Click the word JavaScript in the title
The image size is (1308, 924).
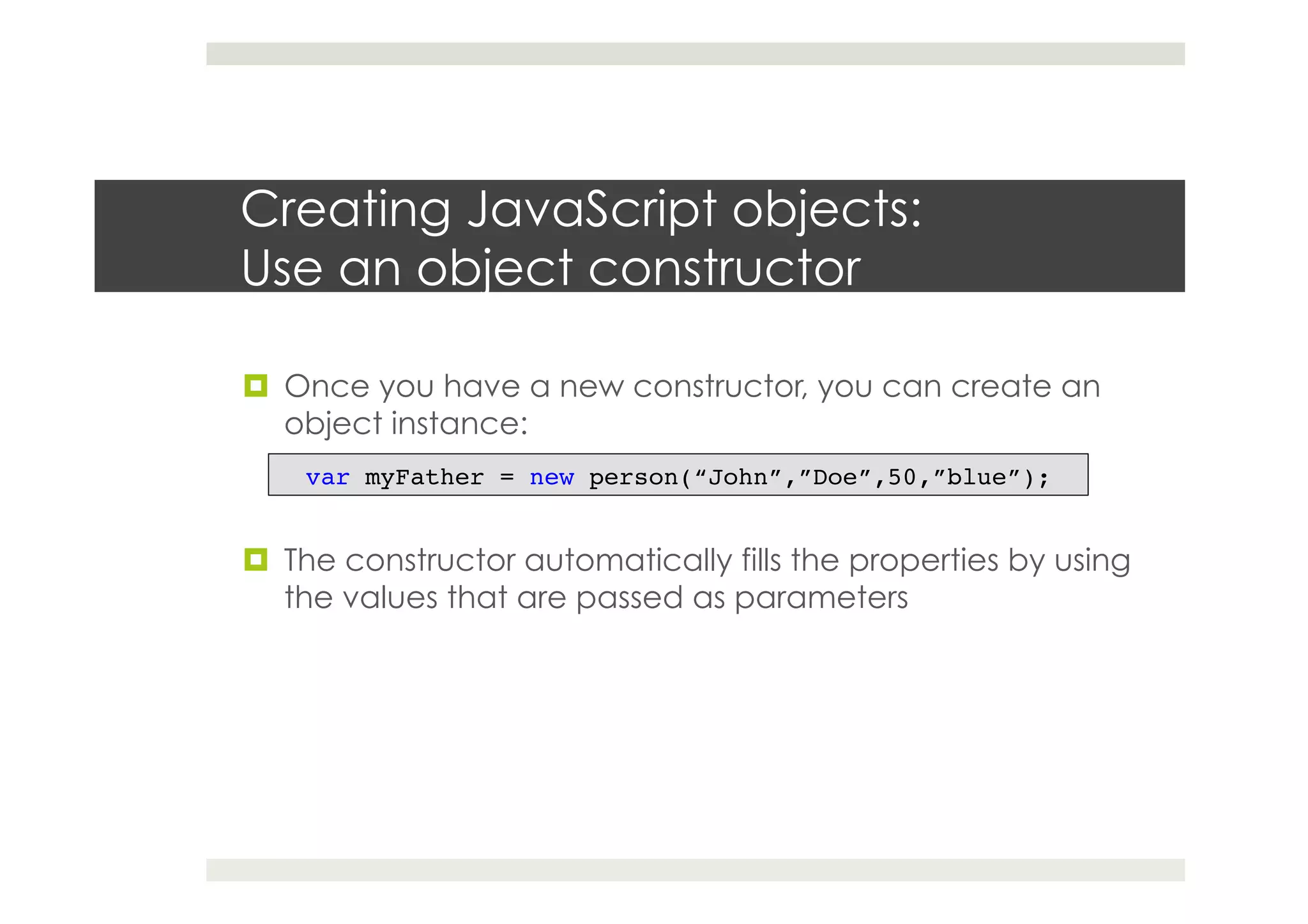(592, 210)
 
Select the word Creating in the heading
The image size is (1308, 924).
(346, 210)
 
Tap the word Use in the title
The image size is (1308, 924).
(282, 269)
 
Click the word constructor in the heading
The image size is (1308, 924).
(724, 269)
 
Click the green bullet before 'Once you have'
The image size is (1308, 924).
(255, 386)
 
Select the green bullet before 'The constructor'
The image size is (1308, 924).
(255, 560)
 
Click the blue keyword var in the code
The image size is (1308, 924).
(327, 477)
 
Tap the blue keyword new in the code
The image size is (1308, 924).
(551, 477)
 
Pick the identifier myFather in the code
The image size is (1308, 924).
(424, 477)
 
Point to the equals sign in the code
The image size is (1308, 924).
(507, 477)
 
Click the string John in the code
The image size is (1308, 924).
(738, 477)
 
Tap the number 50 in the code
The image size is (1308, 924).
(902, 477)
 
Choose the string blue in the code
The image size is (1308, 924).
(977, 477)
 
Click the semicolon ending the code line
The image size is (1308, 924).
(1044, 478)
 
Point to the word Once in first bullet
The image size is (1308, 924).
(326, 386)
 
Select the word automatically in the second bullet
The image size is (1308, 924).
(628, 561)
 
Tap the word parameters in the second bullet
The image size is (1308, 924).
(821, 598)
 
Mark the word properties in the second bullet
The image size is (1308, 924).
(923, 561)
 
